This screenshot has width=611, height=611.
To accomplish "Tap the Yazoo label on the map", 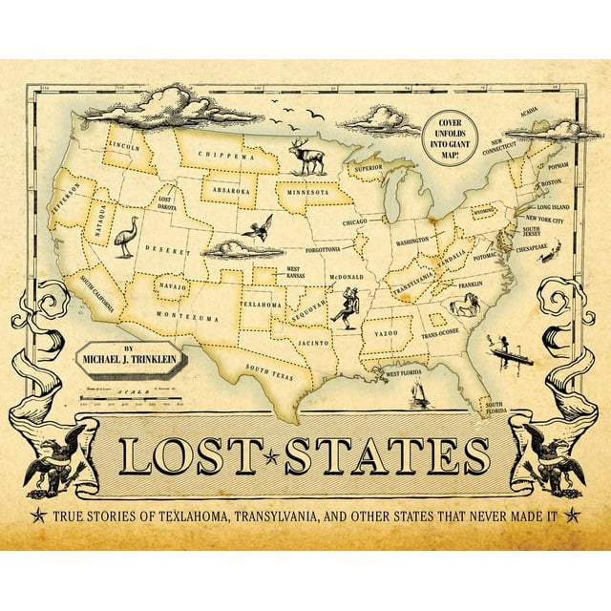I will pos(387,335).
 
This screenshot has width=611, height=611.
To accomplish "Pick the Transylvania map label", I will pos(411,281).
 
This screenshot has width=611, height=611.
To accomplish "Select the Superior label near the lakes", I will pos(368,167).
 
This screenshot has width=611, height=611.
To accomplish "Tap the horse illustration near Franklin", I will pos(465,305).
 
